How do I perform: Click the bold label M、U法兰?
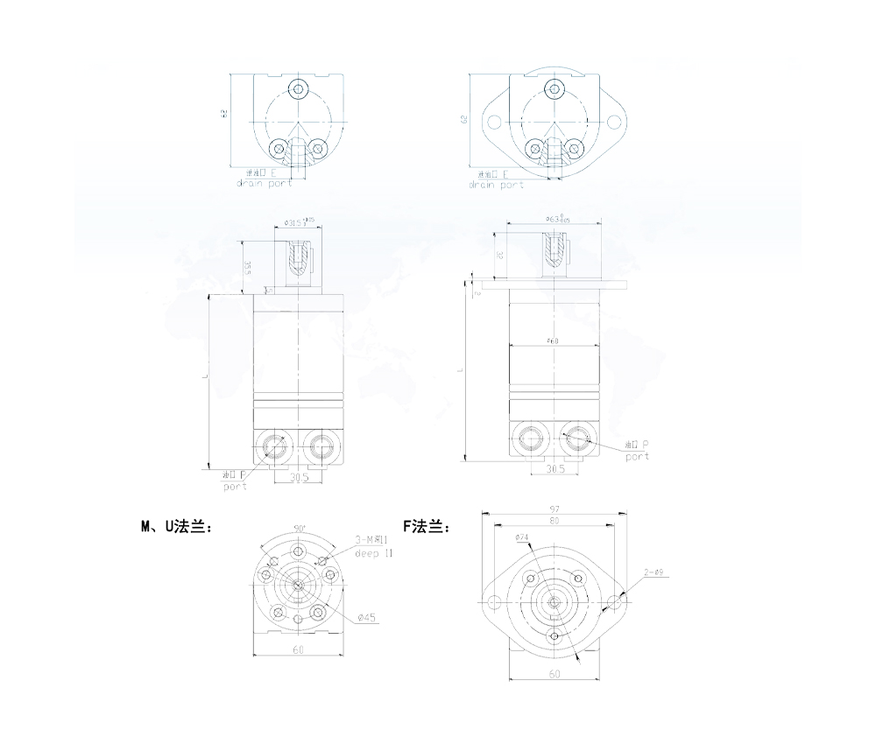point(176,527)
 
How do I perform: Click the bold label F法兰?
point(427,527)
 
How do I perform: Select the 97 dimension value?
point(555,509)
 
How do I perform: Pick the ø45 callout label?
point(367,618)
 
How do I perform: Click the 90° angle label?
point(299,530)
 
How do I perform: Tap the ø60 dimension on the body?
point(552,340)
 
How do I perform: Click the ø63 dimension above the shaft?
point(554,219)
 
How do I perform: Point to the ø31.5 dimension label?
point(298,222)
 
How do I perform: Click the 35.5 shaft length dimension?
point(248,267)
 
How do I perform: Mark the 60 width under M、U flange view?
point(299,650)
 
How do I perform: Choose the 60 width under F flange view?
point(554,674)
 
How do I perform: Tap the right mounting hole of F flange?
point(614,602)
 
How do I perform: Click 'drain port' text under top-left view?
point(264,183)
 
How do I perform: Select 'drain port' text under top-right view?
point(497,185)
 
